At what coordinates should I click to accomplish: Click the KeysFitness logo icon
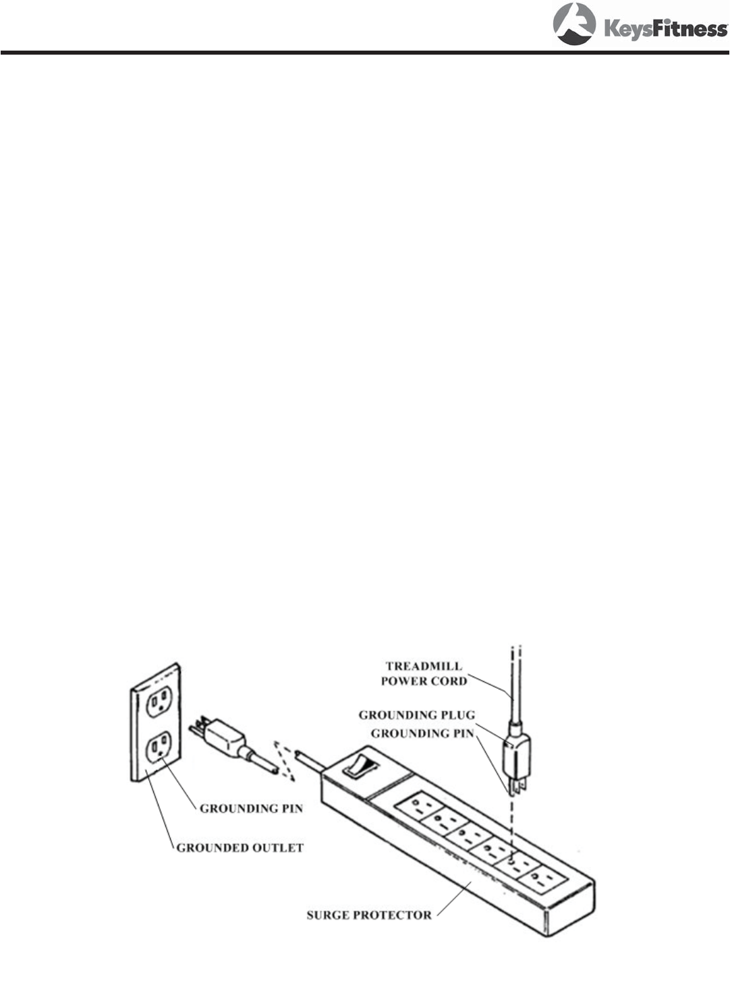point(574,24)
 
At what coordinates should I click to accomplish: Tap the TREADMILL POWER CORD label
point(424,674)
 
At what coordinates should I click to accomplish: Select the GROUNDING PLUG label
point(416,715)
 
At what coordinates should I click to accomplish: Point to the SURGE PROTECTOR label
point(369,915)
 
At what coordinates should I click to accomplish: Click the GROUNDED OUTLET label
point(240,848)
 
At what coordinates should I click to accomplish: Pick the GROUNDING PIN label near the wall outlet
point(251,808)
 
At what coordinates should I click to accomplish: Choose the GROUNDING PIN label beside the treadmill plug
point(422,733)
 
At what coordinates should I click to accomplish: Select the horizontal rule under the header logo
point(364,52)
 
